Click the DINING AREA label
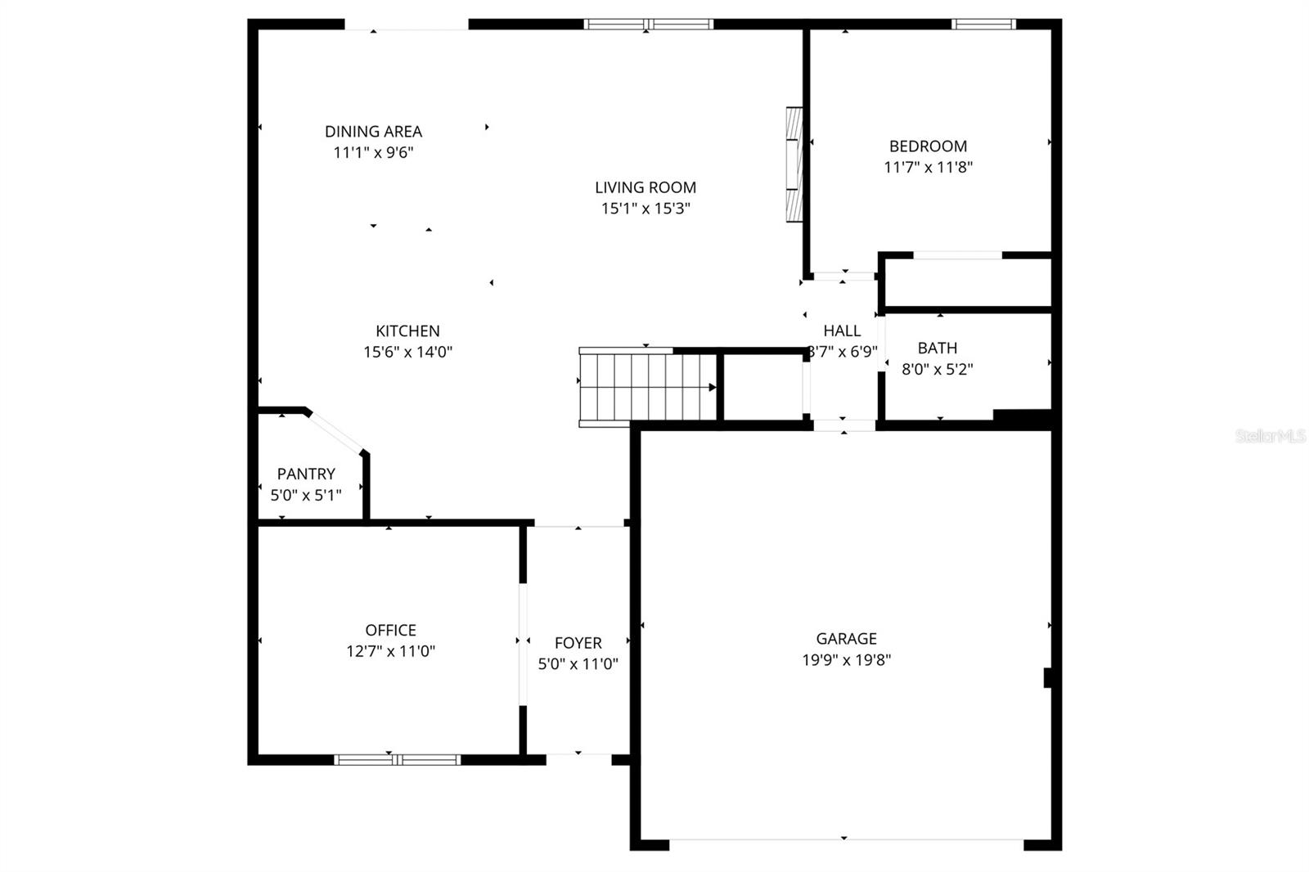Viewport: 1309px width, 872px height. [373, 131]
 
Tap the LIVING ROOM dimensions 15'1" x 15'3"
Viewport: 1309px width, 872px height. [646, 209]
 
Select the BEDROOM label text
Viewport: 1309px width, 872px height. [928, 146]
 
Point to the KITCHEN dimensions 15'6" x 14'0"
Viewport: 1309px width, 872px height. [407, 353]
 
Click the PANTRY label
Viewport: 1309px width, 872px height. [305, 474]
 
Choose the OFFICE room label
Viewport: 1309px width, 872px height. [390, 630]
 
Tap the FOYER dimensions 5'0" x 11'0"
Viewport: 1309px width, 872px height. [578, 664]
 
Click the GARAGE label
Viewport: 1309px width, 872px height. [846, 639]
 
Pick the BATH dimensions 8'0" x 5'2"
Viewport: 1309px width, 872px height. [937, 369]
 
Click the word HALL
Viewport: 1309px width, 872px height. [842, 330]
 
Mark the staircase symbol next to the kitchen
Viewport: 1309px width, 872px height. [646, 387]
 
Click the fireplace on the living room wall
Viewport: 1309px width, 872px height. [794, 164]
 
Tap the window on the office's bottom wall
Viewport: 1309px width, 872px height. [398, 759]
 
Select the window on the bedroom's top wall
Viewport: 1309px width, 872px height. [983, 25]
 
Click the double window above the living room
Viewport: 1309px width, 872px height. [648, 25]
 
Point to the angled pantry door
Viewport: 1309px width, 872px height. [335, 433]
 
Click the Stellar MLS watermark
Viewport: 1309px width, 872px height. [1271, 437]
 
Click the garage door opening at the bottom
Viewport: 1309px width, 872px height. [844, 840]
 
